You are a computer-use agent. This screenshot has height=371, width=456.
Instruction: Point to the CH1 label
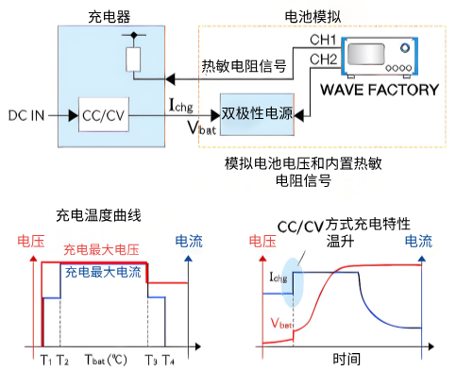(x=323, y=41)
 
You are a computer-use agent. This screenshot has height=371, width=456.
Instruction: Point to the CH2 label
(x=323, y=60)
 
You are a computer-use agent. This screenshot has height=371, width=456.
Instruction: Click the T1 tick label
(x=44, y=360)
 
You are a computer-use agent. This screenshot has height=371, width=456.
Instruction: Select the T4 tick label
(x=167, y=360)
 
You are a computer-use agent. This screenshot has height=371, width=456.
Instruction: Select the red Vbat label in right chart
(x=279, y=323)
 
